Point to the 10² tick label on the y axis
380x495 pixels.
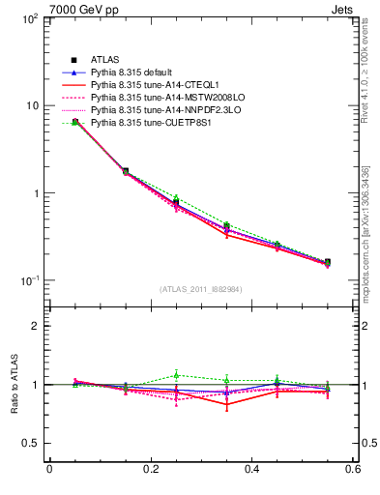click(31, 18)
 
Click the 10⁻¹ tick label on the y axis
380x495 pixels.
click(30, 281)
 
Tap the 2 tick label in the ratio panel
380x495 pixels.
click(37, 326)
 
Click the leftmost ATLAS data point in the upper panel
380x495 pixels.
click(75, 122)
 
